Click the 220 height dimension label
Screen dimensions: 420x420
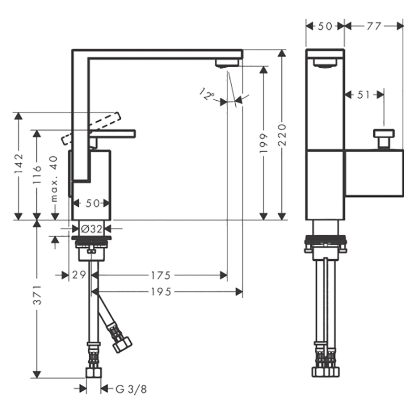(282, 135)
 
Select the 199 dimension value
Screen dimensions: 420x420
(264, 143)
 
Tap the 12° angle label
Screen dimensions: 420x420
(207, 94)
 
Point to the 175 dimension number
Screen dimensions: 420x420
(161, 275)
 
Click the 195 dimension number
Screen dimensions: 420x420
(161, 292)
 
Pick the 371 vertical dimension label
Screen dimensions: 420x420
(37, 295)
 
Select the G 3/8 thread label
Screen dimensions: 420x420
(131, 389)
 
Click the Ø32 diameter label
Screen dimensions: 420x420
(91, 229)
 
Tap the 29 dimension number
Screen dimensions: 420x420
(79, 275)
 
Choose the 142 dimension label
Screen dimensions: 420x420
(19, 163)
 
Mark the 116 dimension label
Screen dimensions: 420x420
(37, 174)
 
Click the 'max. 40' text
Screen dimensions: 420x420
(54, 178)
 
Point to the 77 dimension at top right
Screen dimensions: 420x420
(374, 26)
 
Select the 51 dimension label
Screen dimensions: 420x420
(363, 94)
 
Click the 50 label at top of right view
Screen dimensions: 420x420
(325, 26)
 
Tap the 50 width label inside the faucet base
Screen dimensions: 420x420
(93, 203)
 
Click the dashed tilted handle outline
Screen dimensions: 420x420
(91, 129)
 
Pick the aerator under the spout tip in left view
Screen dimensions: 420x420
(227, 63)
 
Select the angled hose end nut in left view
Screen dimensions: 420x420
(122, 345)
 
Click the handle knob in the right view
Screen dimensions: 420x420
(384, 139)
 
